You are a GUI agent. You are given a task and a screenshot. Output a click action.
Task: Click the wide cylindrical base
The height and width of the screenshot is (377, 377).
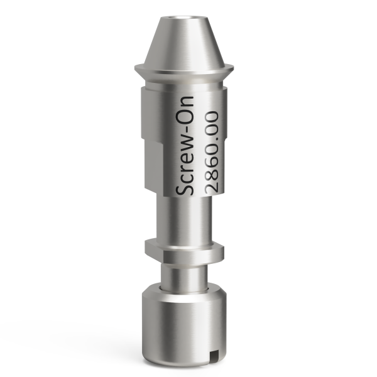(182, 324)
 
